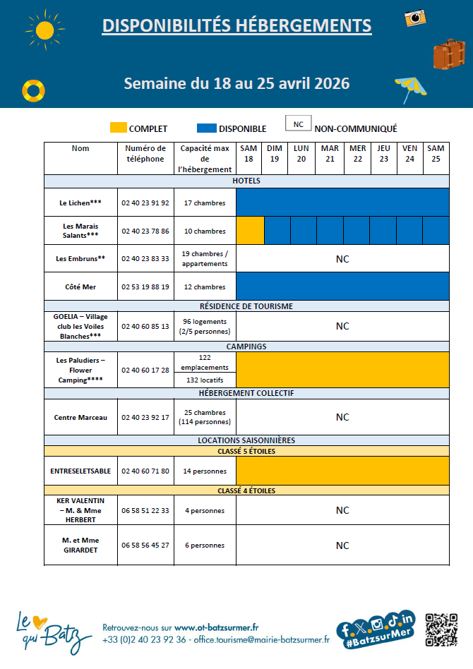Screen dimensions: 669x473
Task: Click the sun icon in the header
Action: [x=44, y=30]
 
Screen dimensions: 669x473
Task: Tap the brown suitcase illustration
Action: [x=449, y=54]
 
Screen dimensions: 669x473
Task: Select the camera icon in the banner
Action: [x=414, y=18]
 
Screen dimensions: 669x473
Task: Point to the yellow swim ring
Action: [x=32, y=90]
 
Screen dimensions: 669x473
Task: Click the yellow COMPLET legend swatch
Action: [x=119, y=128]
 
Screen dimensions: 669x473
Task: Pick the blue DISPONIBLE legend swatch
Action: [x=206, y=128]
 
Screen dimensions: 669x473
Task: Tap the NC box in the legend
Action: [x=298, y=124]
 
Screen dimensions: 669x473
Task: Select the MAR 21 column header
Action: [x=330, y=153]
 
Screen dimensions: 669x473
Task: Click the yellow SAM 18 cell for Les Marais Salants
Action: [x=250, y=231]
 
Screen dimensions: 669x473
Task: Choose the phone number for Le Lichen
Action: [x=145, y=203]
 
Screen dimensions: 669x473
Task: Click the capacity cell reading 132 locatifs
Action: [x=205, y=380]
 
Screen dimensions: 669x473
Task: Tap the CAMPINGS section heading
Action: [x=246, y=346]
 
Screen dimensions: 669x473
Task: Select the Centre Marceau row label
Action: [x=80, y=417]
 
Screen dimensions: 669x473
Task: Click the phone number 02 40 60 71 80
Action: [x=145, y=471]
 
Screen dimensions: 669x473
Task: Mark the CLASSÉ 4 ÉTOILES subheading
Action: [x=246, y=490]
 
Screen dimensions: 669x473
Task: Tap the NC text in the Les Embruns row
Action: [x=342, y=259]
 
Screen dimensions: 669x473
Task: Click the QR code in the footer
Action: [x=443, y=630]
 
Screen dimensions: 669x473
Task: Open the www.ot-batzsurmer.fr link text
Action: [x=217, y=627]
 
